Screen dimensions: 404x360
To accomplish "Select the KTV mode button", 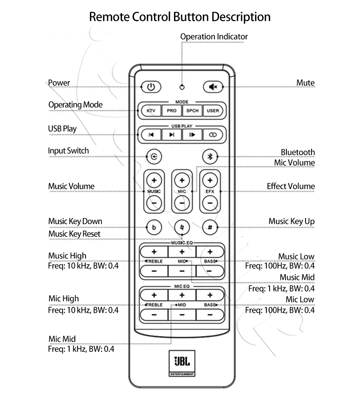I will click(151, 111).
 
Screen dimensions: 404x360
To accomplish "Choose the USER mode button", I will click(213, 111).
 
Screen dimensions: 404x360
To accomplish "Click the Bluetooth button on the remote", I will click(209, 156).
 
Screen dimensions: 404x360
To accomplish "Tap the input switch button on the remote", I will click(154, 156).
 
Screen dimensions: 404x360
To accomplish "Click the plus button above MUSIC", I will click(154, 180).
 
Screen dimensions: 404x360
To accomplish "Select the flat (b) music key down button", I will click(154, 228).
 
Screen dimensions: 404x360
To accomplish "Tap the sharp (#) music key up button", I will click(209, 228).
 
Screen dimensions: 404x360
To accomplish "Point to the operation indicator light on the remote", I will click(182, 87).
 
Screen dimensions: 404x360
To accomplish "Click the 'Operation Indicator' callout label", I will click(214, 37).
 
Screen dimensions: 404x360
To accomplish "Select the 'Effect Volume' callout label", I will click(291, 186).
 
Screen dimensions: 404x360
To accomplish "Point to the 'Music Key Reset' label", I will click(74, 234).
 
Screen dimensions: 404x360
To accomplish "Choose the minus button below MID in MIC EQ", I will click(182, 315).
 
